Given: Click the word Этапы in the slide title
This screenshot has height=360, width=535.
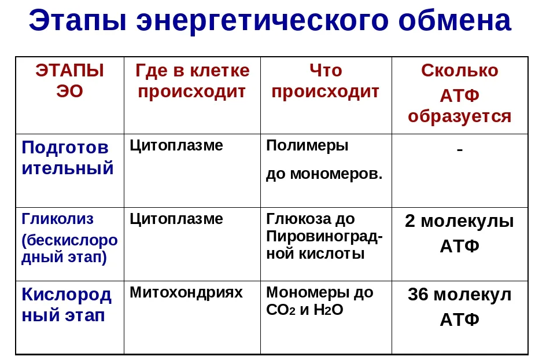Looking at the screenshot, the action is tap(78, 20).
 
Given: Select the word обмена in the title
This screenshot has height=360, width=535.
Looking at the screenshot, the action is tap(455, 20).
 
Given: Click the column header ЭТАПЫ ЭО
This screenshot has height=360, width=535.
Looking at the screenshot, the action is tap(69, 80).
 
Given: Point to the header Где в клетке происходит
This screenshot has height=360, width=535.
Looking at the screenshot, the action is tap(192, 81).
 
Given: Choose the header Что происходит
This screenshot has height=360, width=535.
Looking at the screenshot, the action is tap(326, 81).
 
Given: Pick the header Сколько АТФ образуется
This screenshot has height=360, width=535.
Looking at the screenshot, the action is tap(460, 93).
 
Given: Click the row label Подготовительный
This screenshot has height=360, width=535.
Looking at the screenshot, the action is tap(68, 158).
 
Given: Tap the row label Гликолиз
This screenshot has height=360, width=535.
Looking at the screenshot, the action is tap(57, 219).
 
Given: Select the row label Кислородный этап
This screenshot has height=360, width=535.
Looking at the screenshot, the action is tap(67, 304).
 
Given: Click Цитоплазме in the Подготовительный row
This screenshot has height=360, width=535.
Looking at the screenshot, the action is tap(176, 146).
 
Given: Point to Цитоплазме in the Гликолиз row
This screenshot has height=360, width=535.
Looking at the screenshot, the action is tap(176, 219).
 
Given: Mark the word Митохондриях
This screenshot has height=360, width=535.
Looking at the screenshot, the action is tap(186, 292).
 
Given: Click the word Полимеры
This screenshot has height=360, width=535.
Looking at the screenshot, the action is tap(307, 146).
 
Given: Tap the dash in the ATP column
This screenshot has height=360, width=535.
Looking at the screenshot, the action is tap(460, 149).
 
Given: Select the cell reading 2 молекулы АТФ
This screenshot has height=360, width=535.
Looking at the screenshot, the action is tap(460, 233).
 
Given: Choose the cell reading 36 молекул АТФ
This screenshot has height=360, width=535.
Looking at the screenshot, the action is tap(460, 307).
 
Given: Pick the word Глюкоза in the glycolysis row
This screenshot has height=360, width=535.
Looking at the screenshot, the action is tap(298, 219).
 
